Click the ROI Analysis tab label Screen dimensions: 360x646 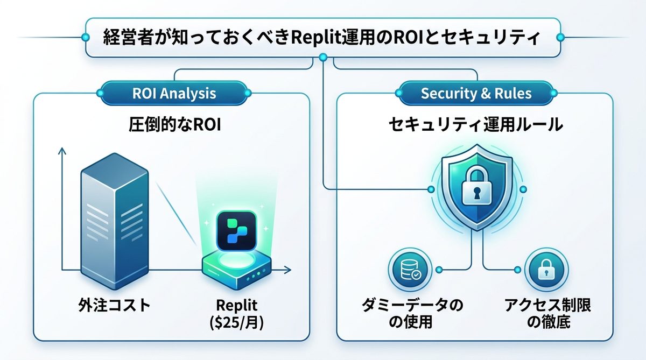tap(174, 93)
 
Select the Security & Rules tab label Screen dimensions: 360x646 tap(475, 93)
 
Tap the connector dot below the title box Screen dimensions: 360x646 tap(323, 58)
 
